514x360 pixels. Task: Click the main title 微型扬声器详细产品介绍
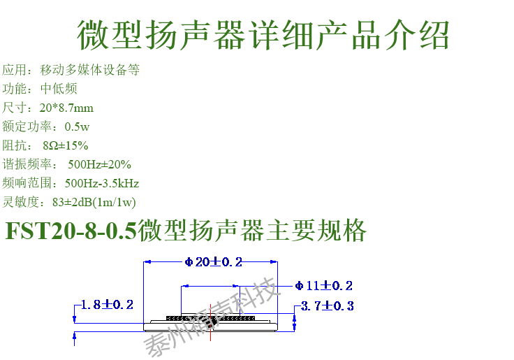click(x=262, y=34)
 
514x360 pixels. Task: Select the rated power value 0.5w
click(x=77, y=127)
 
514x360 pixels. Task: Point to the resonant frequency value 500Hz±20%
click(x=99, y=164)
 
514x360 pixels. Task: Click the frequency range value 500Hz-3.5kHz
click(x=102, y=183)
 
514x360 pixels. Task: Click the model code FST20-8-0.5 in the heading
click(x=71, y=231)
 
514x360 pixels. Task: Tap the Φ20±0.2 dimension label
click(x=214, y=262)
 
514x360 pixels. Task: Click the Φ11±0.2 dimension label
click(x=323, y=285)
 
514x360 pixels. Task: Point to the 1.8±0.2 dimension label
click(x=107, y=305)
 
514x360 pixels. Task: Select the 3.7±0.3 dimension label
click(x=328, y=306)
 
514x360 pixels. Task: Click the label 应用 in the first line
click(x=14, y=70)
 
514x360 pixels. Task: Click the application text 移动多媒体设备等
click(x=90, y=70)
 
